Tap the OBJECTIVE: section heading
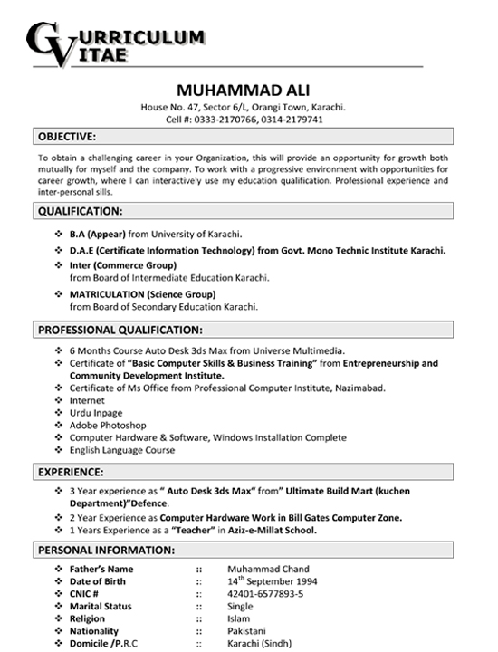tap(67, 137)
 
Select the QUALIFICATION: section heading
tap(81, 211)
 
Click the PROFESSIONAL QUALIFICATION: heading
tap(120, 330)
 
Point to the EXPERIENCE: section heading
tap(71, 471)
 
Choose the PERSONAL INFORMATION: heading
tap(107, 550)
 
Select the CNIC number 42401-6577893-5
tap(265, 593)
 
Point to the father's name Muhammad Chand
tap(268, 569)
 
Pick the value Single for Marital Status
tap(241, 606)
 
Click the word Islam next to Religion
tap(239, 618)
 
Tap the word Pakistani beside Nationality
tap(249, 630)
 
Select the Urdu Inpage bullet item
tap(95, 412)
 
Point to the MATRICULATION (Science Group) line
tap(142, 294)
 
